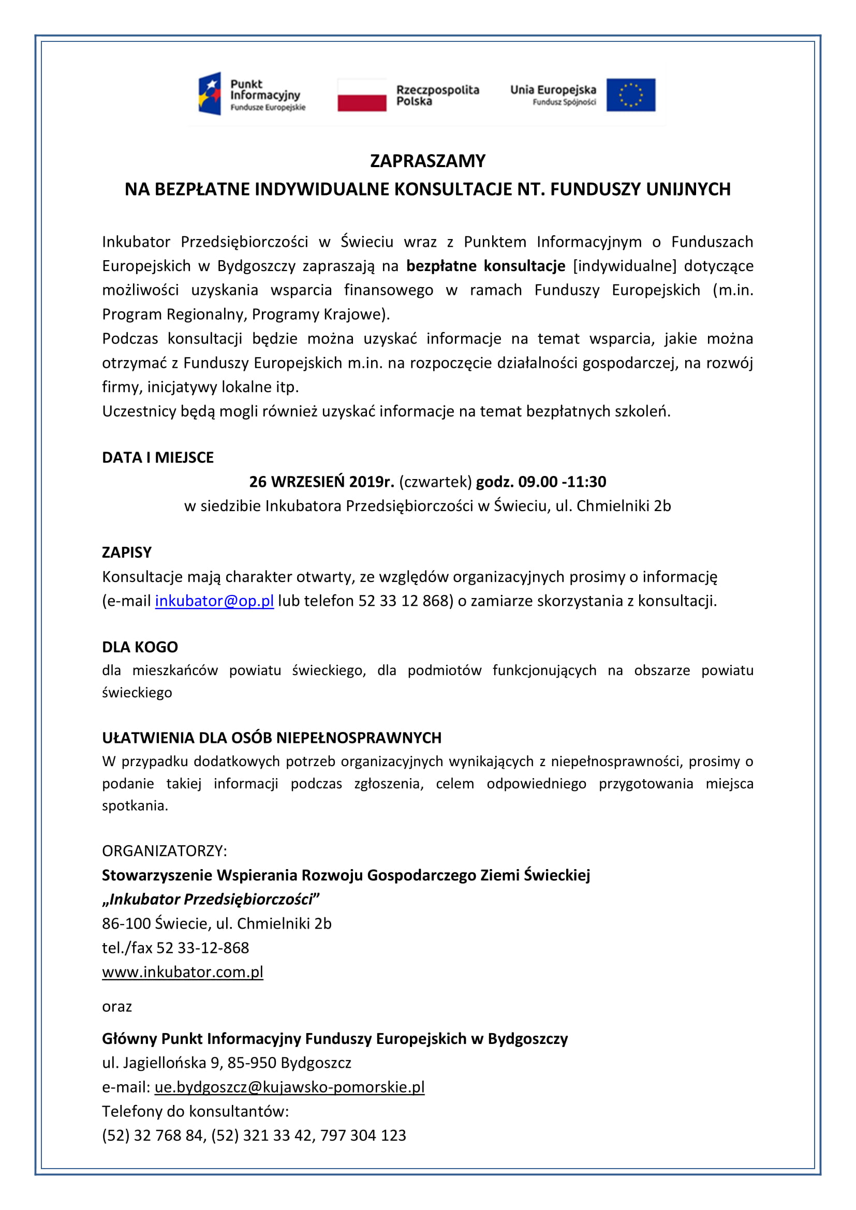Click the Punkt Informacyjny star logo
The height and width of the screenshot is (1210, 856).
click(x=209, y=94)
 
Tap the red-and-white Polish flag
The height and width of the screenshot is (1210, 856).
click(x=362, y=95)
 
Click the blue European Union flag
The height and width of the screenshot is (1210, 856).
click(x=630, y=95)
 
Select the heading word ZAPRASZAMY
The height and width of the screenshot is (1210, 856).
click(x=427, y=161)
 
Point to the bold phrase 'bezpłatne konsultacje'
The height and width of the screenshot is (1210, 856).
click(x=485, y=265)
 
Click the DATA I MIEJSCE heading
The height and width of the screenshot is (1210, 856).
click(x=158, y=457)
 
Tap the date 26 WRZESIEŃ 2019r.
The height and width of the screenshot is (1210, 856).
click(x=321, y=482)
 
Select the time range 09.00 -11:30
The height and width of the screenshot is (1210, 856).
click(x=562, y=482)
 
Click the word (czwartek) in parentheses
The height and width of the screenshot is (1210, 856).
click(x=435, y=482)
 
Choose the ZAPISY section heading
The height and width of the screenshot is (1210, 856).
click(x=126, y=552)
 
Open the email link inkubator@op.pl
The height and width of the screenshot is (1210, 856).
click(x=214, y=601)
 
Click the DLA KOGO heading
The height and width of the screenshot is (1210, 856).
click(x=140, y=647)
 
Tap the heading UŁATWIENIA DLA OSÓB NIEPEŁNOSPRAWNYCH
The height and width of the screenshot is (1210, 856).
click(x=272, y=737)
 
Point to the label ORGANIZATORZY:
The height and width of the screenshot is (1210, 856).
click(x=165, y=850)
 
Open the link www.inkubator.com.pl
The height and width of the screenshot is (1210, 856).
click(x=182, y=972)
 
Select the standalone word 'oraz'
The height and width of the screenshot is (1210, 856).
click(x=116, y=1006)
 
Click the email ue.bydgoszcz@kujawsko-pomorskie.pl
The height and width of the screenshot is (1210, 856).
click(x=289, y=1087)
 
